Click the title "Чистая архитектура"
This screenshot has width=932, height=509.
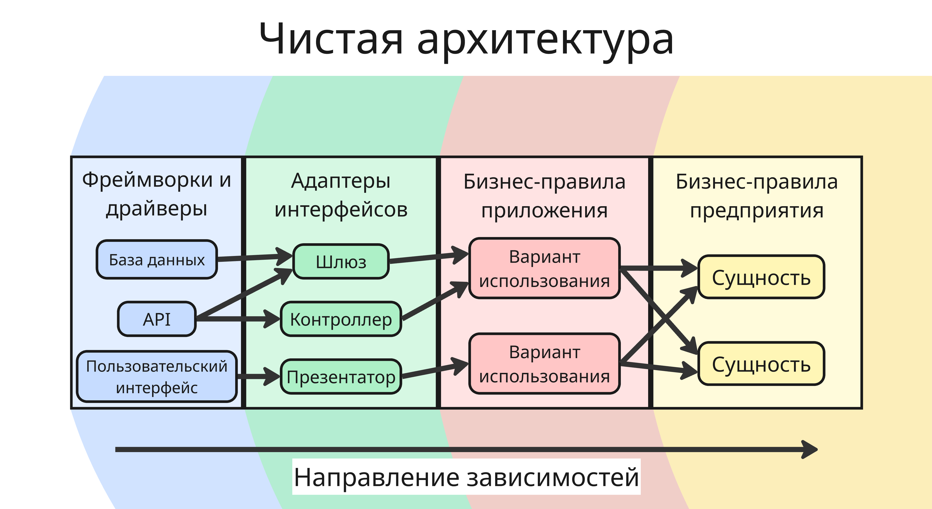click(466, 39)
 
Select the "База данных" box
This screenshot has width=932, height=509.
click(157, 260)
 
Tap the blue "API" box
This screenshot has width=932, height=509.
click(157, 319)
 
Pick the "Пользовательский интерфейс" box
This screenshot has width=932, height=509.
click(157, 377)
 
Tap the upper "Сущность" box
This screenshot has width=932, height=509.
click(761, 278)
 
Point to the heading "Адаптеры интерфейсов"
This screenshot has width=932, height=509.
click(341, 195)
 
